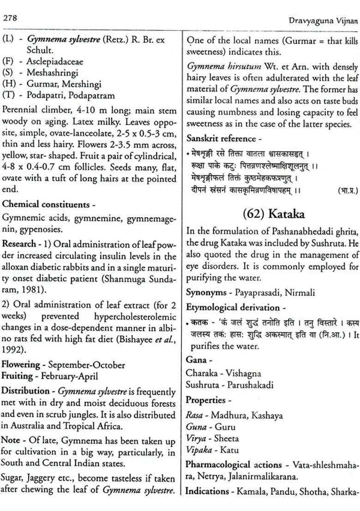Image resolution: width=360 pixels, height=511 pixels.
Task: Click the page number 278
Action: click(10, 18)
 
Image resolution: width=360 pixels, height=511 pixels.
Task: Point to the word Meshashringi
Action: click(52, 73)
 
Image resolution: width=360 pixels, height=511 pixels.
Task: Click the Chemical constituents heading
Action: click(46, 204)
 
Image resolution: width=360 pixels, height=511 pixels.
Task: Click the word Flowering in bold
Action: click(21, 365)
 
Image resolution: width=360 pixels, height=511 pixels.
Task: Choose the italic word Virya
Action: click(196, 439)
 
